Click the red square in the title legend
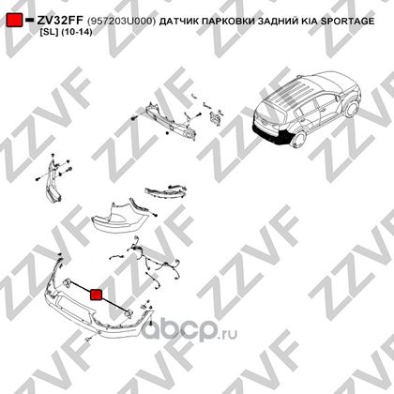pyautogui.click(x=15, y=21)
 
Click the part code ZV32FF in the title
pyautogui.click(x=60, y=21)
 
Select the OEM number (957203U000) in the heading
pyautogui.click(x=121, y=21)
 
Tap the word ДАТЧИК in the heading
pyautogui.click(x=177, y=21)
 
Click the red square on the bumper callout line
pyautogui.click(x=96, y=295)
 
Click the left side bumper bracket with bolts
pyautogui.click(x=53, y=180)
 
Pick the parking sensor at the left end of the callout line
pyautogui.click(x=67, y=282)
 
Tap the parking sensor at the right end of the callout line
pyautogui.click(x=129, y=313)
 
